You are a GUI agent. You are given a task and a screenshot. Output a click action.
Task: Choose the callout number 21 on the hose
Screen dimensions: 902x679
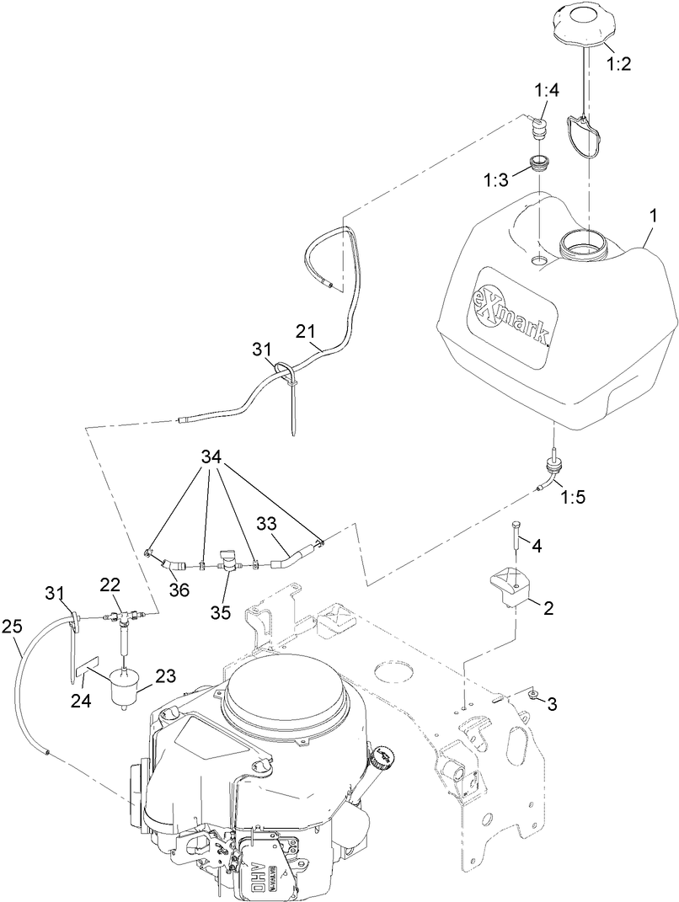tap(307, 331)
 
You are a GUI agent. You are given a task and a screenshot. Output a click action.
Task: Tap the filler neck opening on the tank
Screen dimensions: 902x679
tap(584, 245)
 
